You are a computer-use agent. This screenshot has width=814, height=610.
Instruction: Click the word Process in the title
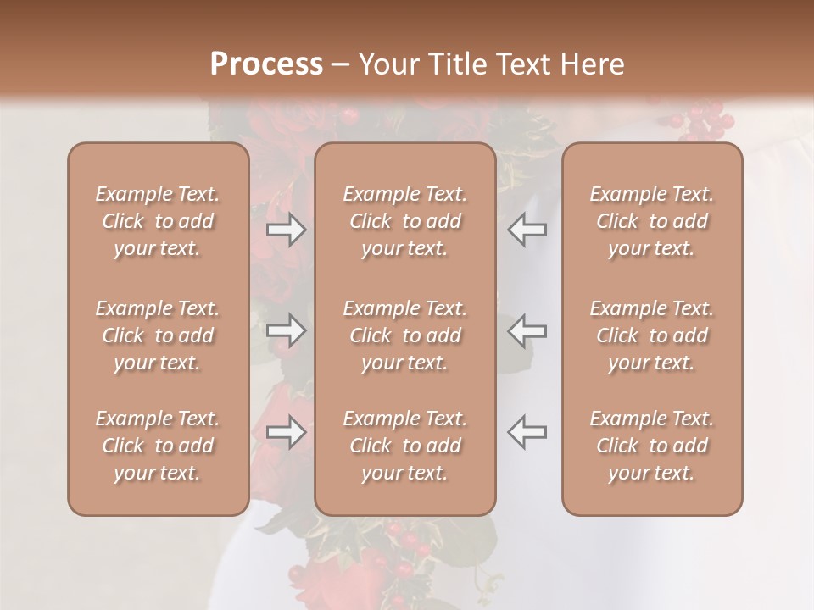coord(266,64)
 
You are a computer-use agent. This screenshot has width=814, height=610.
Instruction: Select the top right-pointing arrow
coord(287,230)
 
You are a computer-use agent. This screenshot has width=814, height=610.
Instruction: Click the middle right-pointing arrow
coord(287,330)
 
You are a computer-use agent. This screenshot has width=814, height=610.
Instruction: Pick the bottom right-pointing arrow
coord(287,432)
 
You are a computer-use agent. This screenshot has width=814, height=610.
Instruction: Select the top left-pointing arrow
coord(527,230)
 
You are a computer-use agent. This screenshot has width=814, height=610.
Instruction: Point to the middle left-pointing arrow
coord(527,330)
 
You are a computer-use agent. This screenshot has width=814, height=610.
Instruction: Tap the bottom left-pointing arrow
coord(527,432)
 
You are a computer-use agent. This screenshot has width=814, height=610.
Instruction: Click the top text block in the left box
coord(158,221)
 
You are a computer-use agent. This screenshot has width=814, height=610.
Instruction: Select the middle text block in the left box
coord(158,335)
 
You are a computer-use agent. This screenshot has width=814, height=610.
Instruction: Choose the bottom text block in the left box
coord(158,446)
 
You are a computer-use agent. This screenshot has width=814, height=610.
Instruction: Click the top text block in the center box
coord(404,221)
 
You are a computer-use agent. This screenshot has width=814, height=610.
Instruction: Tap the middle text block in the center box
coord(404,335)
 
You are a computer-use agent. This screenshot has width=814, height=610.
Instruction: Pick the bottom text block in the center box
coord(404,446)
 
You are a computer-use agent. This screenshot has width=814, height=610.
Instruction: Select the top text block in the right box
coord(651,221)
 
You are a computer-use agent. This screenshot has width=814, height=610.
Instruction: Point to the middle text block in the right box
coord(651,335)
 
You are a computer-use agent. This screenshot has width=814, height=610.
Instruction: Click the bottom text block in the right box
coord(651,446)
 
